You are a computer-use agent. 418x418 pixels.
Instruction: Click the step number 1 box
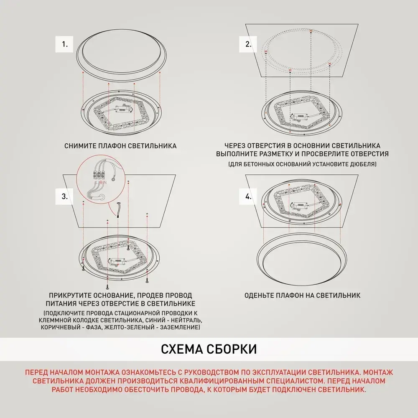pyautogui.click(x=65, y=43)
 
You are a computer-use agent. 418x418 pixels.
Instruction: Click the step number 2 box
pyautogui.click(x=248, y=43)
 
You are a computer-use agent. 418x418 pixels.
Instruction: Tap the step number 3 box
pyautogui.click(x=65, y=196)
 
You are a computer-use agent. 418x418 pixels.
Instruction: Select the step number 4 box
pyautogui.click(x=248, y=196)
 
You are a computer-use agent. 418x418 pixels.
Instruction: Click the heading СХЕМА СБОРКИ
pyautogui.click(x=209, y=349)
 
